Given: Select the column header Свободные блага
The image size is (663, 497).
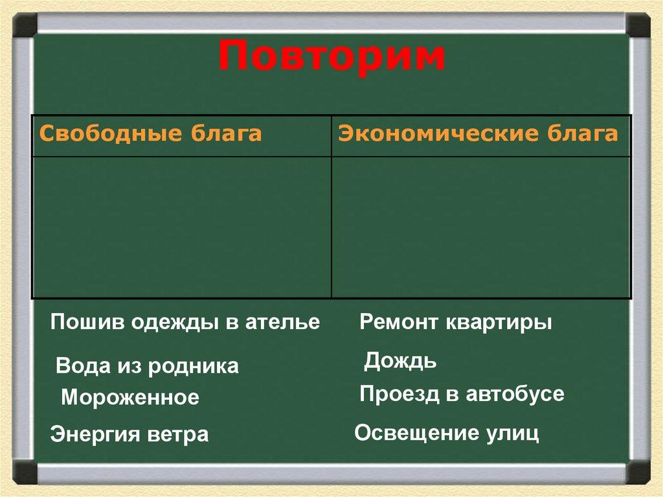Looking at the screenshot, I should (151, 135).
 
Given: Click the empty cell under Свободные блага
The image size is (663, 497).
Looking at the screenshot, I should (181, 227).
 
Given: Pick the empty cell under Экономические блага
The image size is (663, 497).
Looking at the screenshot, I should (481, 227).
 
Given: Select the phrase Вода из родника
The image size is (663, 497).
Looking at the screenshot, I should (148, 366).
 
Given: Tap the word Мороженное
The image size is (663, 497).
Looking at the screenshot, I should (130, 397).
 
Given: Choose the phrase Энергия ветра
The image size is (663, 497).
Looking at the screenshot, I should (129, 434).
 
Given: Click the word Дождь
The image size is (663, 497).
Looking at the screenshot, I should (400, 361).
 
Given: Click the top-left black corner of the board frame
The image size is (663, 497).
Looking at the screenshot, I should (25, 25).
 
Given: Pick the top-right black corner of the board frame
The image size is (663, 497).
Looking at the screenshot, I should (638, 25).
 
